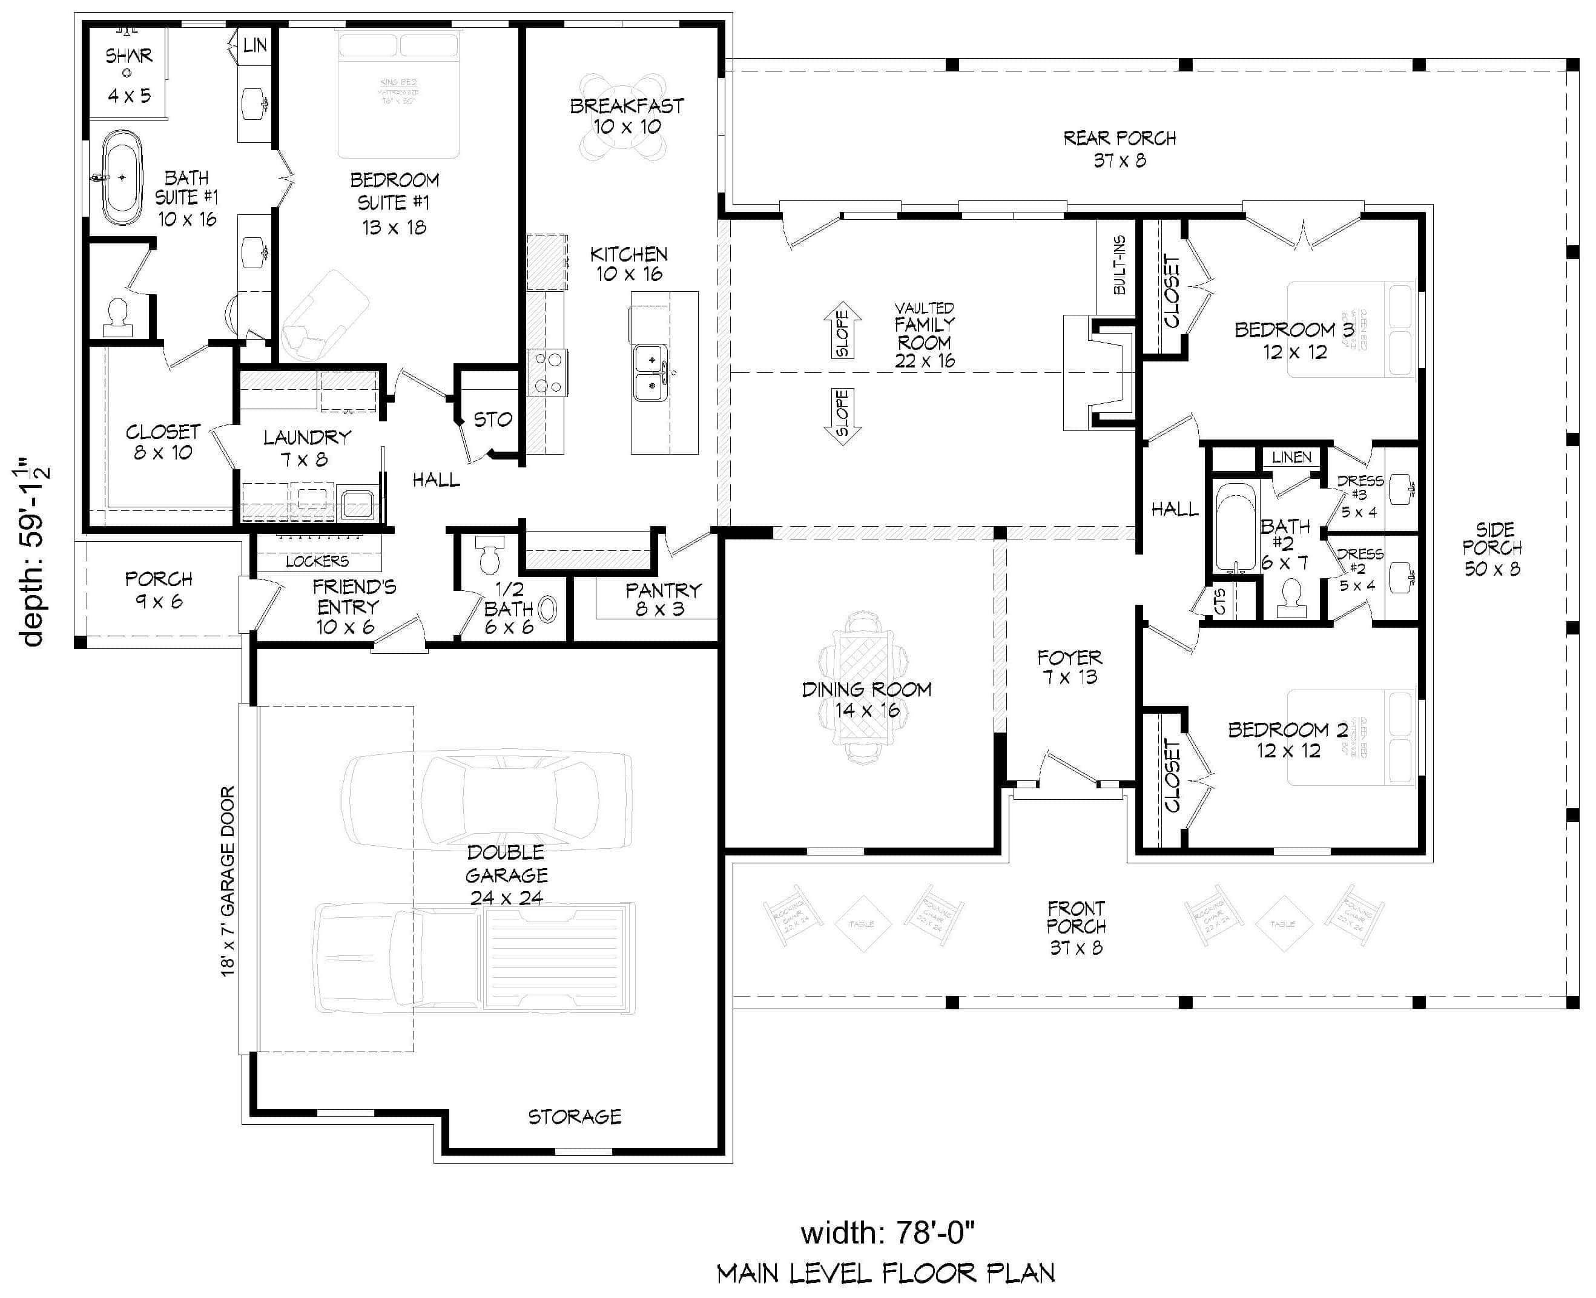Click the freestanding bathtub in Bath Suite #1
coord(122,178)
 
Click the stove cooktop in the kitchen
coord(547,372)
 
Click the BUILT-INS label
coord(1119,265)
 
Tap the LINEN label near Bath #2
coord(1291,457)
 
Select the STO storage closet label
coord(493,420)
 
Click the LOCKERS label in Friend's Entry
coord(317,560)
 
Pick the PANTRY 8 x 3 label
coord(662,599)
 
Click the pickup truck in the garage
coord(474,957)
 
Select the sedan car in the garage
coord(486,800)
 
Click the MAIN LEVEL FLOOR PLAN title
coord(886,1273)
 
